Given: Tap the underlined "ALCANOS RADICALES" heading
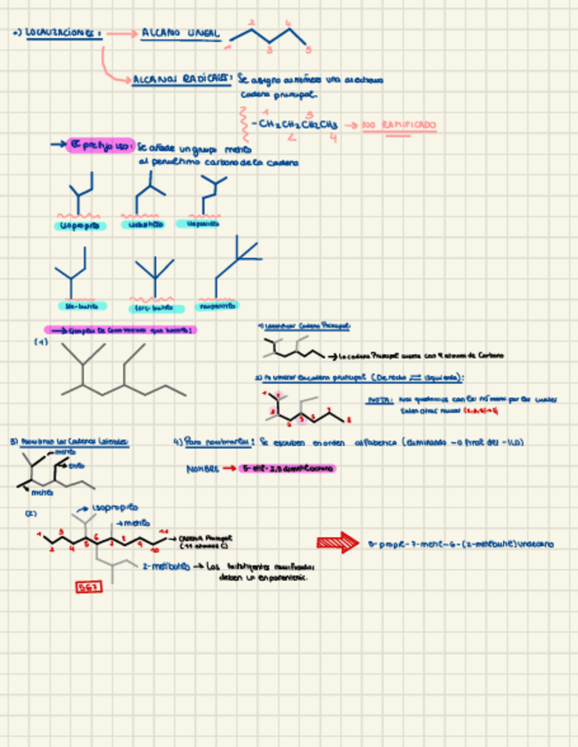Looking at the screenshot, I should [x=181, y=79].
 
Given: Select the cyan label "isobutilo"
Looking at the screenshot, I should [x=147, y=225].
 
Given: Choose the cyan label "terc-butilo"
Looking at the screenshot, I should [x=152, y=308].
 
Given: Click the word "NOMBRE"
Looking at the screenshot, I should [x=202, y=469].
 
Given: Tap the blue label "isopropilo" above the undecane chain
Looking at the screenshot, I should [x=115, y=508].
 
